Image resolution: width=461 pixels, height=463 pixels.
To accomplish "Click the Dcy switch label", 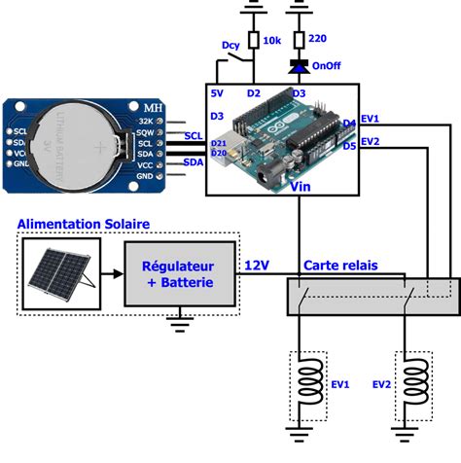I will click(x=230, y=45).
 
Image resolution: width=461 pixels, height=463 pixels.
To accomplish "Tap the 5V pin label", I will click(x=219, y=94).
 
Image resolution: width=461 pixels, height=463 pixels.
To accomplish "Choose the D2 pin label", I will click(x=254, y=94).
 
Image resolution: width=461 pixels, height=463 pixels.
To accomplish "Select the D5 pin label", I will click(x=349, y=146).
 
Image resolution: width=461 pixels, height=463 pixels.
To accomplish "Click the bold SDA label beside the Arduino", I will click(x=193, y=161).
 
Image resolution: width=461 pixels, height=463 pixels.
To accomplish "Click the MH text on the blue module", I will click(x=152, y=106).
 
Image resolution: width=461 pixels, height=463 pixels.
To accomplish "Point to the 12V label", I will click(x=258, y=265).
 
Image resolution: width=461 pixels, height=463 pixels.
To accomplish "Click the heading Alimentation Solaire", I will click(x=83, y=224).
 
